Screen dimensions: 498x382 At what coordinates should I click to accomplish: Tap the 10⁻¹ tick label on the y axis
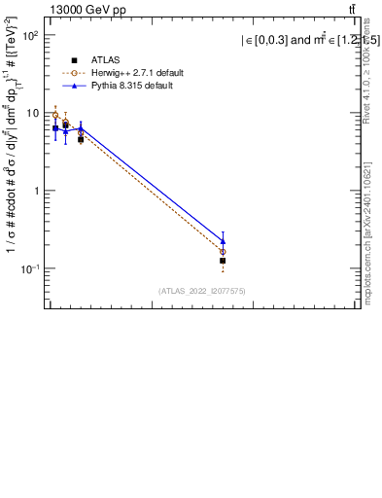27,268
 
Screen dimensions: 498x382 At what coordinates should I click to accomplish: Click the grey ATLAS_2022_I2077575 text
202,291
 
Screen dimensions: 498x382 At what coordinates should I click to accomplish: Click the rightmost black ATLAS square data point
223,261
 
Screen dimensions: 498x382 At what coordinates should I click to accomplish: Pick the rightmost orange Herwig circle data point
223,252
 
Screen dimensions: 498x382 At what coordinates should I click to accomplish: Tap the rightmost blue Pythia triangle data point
223,240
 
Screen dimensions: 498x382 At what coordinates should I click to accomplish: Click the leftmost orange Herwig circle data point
55,115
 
